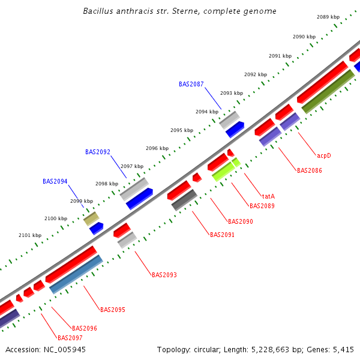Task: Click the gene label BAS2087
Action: click(191, 84)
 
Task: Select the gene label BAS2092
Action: click(97, 152)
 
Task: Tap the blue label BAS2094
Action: click(55, 181)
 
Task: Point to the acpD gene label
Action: click(324, 155)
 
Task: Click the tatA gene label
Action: click(268, 196)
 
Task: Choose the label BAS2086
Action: click(309, 170)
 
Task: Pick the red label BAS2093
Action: click(164, 275)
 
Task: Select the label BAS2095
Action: click(112, 310)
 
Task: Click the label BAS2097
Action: click(70, 337)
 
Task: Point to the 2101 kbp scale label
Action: click(30, 235)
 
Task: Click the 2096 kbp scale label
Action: click(157, 148)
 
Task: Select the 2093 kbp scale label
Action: click(232, 93)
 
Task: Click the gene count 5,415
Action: click(342, 349)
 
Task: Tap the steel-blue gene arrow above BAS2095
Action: click(76, 274)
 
